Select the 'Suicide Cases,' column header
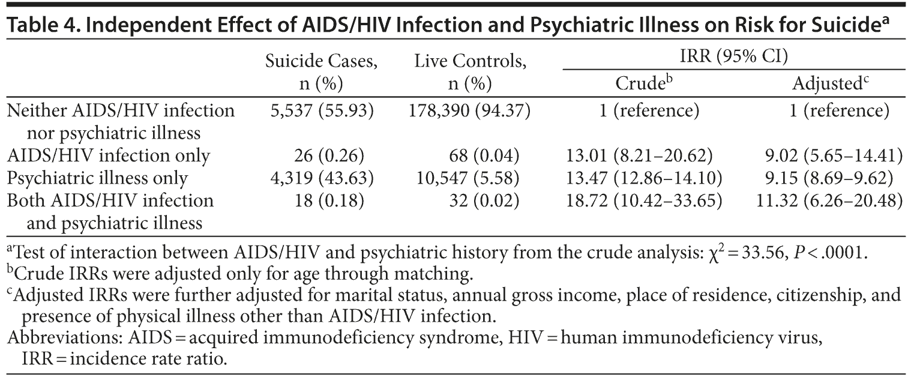(x=322, y=61)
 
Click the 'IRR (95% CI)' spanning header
(x=733, y=56)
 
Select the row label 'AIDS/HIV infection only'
(x=108, y=156)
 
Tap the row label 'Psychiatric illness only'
(x=97, y=178)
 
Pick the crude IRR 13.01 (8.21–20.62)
(x=639, y=156)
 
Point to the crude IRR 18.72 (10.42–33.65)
(x=643, y=201)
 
